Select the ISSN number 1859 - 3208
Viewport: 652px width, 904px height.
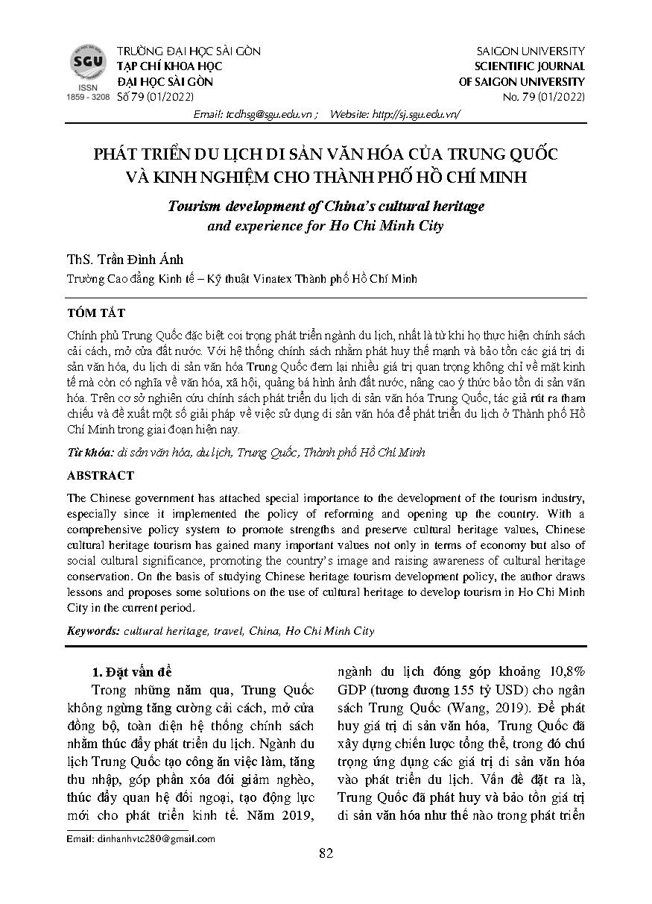click(x=88, y=98)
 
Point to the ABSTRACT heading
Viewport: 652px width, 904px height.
click(x=101, y=475)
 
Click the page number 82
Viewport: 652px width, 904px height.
click(x=326, y=854)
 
